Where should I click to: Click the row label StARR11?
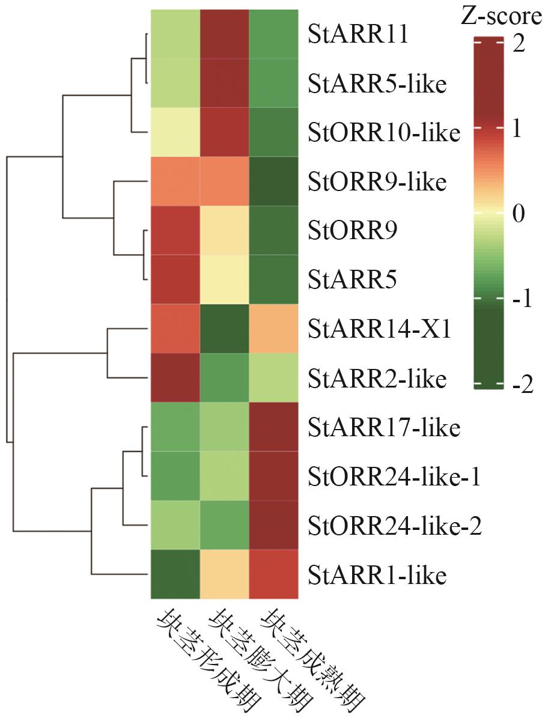(358, 34)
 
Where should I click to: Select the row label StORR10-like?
(384, 133)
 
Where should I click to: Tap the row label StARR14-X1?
(379, 329)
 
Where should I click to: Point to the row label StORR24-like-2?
(394, 526)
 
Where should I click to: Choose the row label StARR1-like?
(377, 576)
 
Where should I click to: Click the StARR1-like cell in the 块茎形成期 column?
(175, 575)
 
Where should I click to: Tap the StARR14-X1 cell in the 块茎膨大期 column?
(224, 329)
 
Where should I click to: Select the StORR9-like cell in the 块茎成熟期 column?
(273, 181)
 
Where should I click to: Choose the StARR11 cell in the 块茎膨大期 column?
(224, 34)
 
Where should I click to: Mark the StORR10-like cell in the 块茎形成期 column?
(175, 132)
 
